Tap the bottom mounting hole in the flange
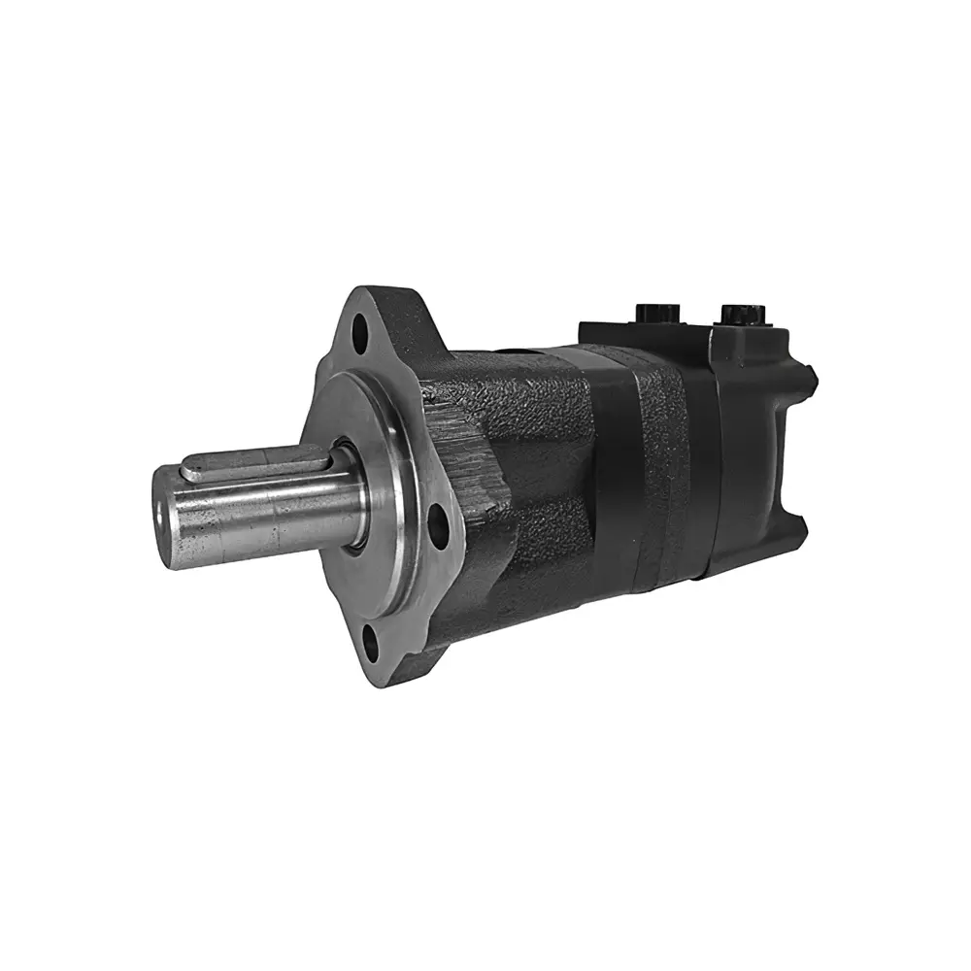click(370, 639)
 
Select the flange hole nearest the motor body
click(438, 522)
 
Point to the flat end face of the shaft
click(166, 515)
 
